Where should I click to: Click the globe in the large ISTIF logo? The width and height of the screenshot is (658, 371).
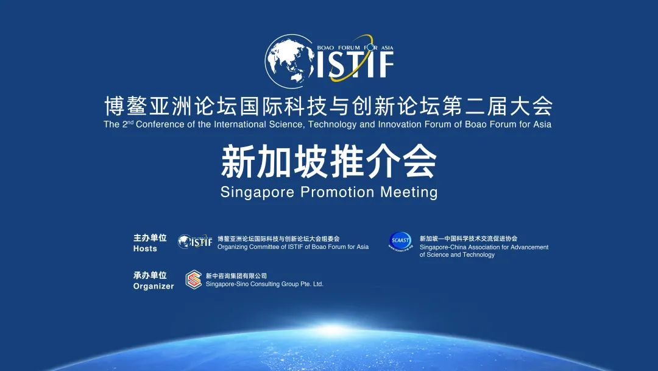click(290, 62)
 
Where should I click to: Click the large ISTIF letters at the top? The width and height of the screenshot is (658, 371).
click(355, 65)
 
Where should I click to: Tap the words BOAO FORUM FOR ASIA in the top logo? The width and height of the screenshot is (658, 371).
click(355, 48)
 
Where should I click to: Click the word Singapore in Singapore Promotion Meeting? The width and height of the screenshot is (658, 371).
click(257, 192)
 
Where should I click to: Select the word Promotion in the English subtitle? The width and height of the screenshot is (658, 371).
click(338, 192)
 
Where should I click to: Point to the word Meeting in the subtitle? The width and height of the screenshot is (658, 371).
click(409, 192)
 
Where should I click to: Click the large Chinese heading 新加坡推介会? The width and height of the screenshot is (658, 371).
click(329, 162)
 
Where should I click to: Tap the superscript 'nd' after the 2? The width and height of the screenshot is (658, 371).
click(130, 122)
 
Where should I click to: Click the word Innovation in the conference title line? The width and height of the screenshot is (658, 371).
click(399, 124)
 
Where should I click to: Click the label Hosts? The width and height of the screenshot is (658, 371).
click(145, 249)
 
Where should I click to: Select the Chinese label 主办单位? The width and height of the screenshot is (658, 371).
click(150, 238)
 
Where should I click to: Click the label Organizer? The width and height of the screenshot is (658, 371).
click(154, 286)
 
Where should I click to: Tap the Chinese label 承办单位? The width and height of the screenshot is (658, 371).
click(150, 275)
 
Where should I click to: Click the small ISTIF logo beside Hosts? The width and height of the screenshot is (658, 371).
click(195, 242)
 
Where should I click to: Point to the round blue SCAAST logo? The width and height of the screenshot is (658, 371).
click(400, 242)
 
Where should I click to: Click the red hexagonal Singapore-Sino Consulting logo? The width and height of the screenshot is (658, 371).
click(194, 280)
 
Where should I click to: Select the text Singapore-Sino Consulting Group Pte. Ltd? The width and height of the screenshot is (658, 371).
click(264, 284)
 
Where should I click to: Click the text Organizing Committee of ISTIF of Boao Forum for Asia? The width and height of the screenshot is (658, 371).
click(293, 247)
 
